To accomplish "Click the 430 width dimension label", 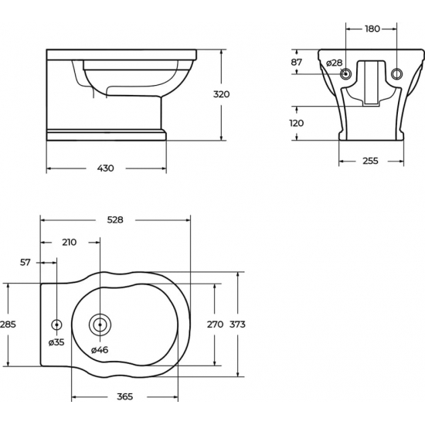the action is point(105,168).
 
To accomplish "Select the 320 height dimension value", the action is point(222,94).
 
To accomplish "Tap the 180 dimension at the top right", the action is point(372,29).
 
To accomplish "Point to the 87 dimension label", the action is point(296,63).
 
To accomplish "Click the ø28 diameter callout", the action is point(334,63).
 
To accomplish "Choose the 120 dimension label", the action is point(297,124).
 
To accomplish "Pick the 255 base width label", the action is point(370,161).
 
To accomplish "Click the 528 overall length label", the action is point(115,219).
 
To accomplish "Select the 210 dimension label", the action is point(70,243).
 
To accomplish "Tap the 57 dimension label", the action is point(25,263).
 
